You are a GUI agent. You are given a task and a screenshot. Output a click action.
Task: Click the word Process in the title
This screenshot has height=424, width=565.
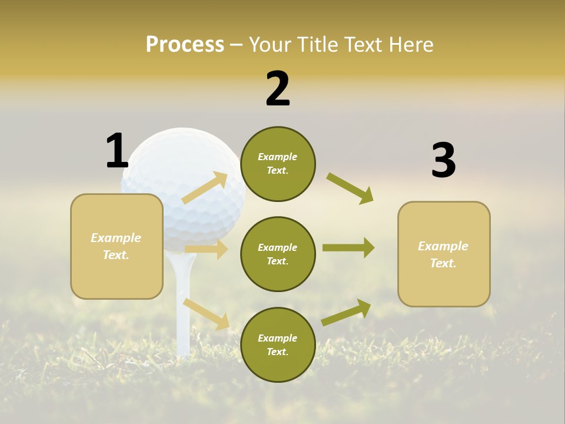coord(185,45)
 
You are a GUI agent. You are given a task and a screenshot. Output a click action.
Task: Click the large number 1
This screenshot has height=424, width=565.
coord(117,151)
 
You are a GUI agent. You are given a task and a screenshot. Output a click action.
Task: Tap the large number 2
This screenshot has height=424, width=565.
coord(278,89)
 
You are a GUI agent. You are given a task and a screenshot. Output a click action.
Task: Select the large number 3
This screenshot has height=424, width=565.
coord(443,161)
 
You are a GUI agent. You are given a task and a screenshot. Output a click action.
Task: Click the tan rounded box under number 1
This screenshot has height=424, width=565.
coord(117,246)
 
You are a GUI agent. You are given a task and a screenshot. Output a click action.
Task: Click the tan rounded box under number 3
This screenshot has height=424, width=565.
coord(444,254)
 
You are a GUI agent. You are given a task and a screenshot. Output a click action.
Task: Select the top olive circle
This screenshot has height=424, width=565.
coord(278,164)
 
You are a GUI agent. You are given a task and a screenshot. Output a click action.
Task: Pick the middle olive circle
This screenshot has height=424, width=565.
coord(278,254)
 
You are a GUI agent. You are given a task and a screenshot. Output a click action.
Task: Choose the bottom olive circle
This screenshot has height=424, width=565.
coord(278,345)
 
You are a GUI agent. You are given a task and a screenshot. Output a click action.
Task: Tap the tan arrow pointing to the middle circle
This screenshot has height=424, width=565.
coord(206,249)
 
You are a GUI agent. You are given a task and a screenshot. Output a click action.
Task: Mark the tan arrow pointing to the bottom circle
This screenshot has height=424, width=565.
coord(206,314)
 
